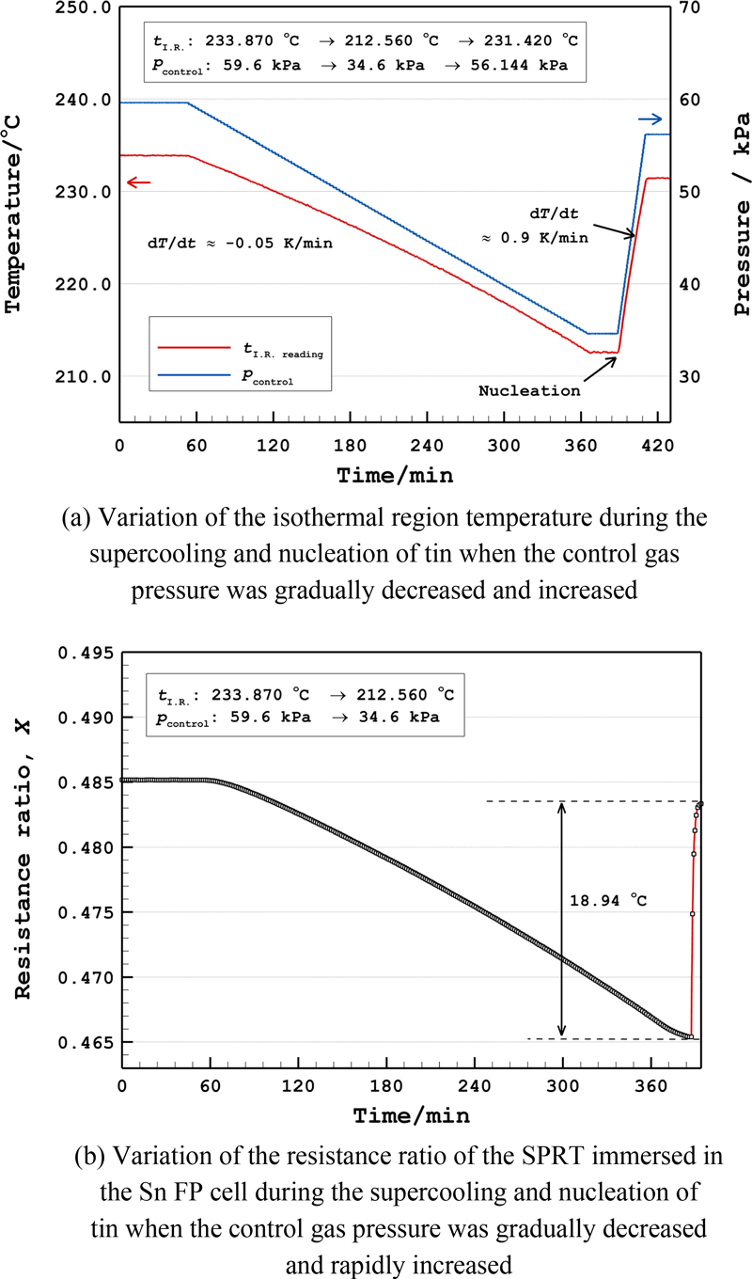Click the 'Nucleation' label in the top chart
click(x=529, y=390)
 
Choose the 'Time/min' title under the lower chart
click(x=411, y=1116)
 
